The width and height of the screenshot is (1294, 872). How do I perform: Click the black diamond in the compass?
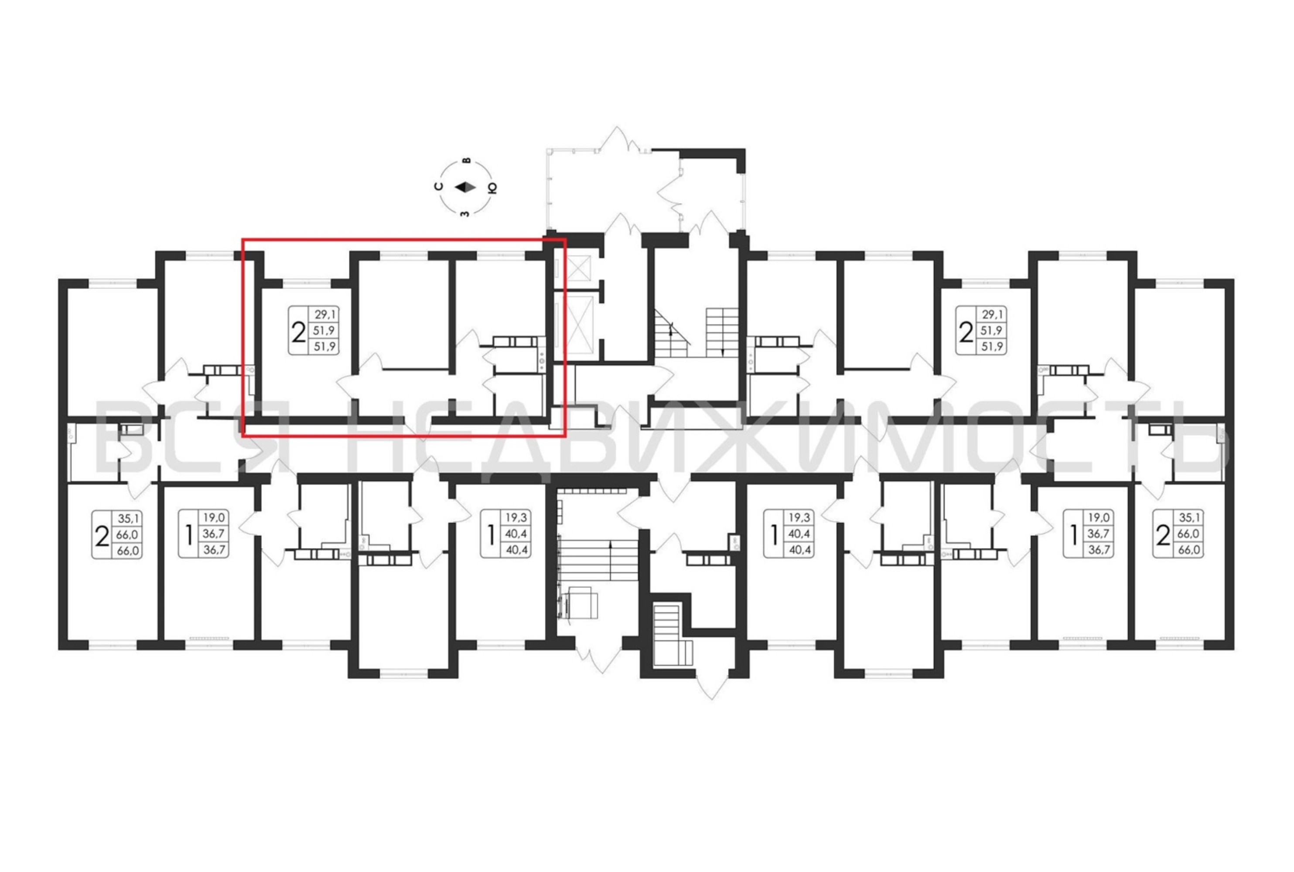tap(465, 187)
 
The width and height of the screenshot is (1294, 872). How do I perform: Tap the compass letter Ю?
tap(492, 187)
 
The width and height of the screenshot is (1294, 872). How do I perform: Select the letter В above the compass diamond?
tap(467, 161)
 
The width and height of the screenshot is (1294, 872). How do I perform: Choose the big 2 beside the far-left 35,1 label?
tap(102, 537)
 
